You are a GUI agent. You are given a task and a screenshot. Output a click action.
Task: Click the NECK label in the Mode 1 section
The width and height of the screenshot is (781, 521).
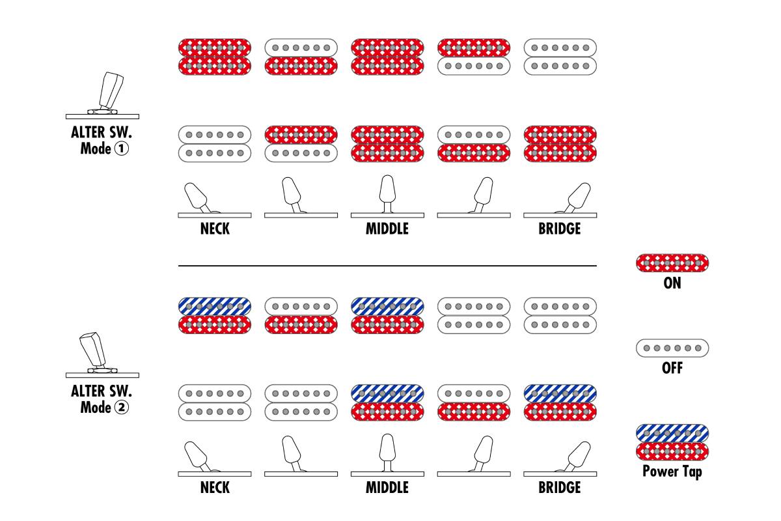click(x=215, y=229)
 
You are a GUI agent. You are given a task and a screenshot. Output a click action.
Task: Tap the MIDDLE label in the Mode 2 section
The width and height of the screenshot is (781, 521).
click(x=387, y=488)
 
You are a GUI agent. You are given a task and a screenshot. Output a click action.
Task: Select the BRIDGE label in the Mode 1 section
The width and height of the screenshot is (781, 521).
click(x=560, y=229)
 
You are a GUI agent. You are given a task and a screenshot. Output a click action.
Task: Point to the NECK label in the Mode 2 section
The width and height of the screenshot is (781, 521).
click(x=215, y=488)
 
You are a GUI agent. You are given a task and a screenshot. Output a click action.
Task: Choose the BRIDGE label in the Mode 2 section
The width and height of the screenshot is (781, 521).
click(x=560, y=488)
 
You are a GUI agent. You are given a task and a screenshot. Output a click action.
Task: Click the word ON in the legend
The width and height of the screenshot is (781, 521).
click(x=672, y=283)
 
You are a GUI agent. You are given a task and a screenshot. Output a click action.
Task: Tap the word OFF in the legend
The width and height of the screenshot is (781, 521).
click(x=672, y=368)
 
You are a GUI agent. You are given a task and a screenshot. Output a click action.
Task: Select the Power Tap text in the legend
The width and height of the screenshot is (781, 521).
click(x=672, y=472)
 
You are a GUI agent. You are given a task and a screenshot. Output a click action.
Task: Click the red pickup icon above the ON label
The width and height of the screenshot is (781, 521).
click(x=672, y=262)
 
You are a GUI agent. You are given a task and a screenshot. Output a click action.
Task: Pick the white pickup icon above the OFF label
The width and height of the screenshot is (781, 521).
click(x=672, y=348)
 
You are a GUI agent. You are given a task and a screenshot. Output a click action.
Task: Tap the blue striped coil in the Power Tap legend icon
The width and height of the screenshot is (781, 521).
click(x=672, y=434)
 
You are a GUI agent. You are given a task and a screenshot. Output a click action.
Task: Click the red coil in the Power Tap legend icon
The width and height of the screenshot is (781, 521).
click(x=672, y=451)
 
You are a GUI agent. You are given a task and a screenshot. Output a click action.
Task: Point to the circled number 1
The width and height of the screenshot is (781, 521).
click(x=121, y=148)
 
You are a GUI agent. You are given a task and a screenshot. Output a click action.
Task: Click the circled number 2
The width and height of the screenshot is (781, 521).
click(x=121, y=407)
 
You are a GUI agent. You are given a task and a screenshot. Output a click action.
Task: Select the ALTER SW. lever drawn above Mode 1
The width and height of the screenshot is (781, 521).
click(x=111, y=90)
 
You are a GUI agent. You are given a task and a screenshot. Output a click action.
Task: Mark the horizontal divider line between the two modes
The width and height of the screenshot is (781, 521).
click(x=387, y=266)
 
